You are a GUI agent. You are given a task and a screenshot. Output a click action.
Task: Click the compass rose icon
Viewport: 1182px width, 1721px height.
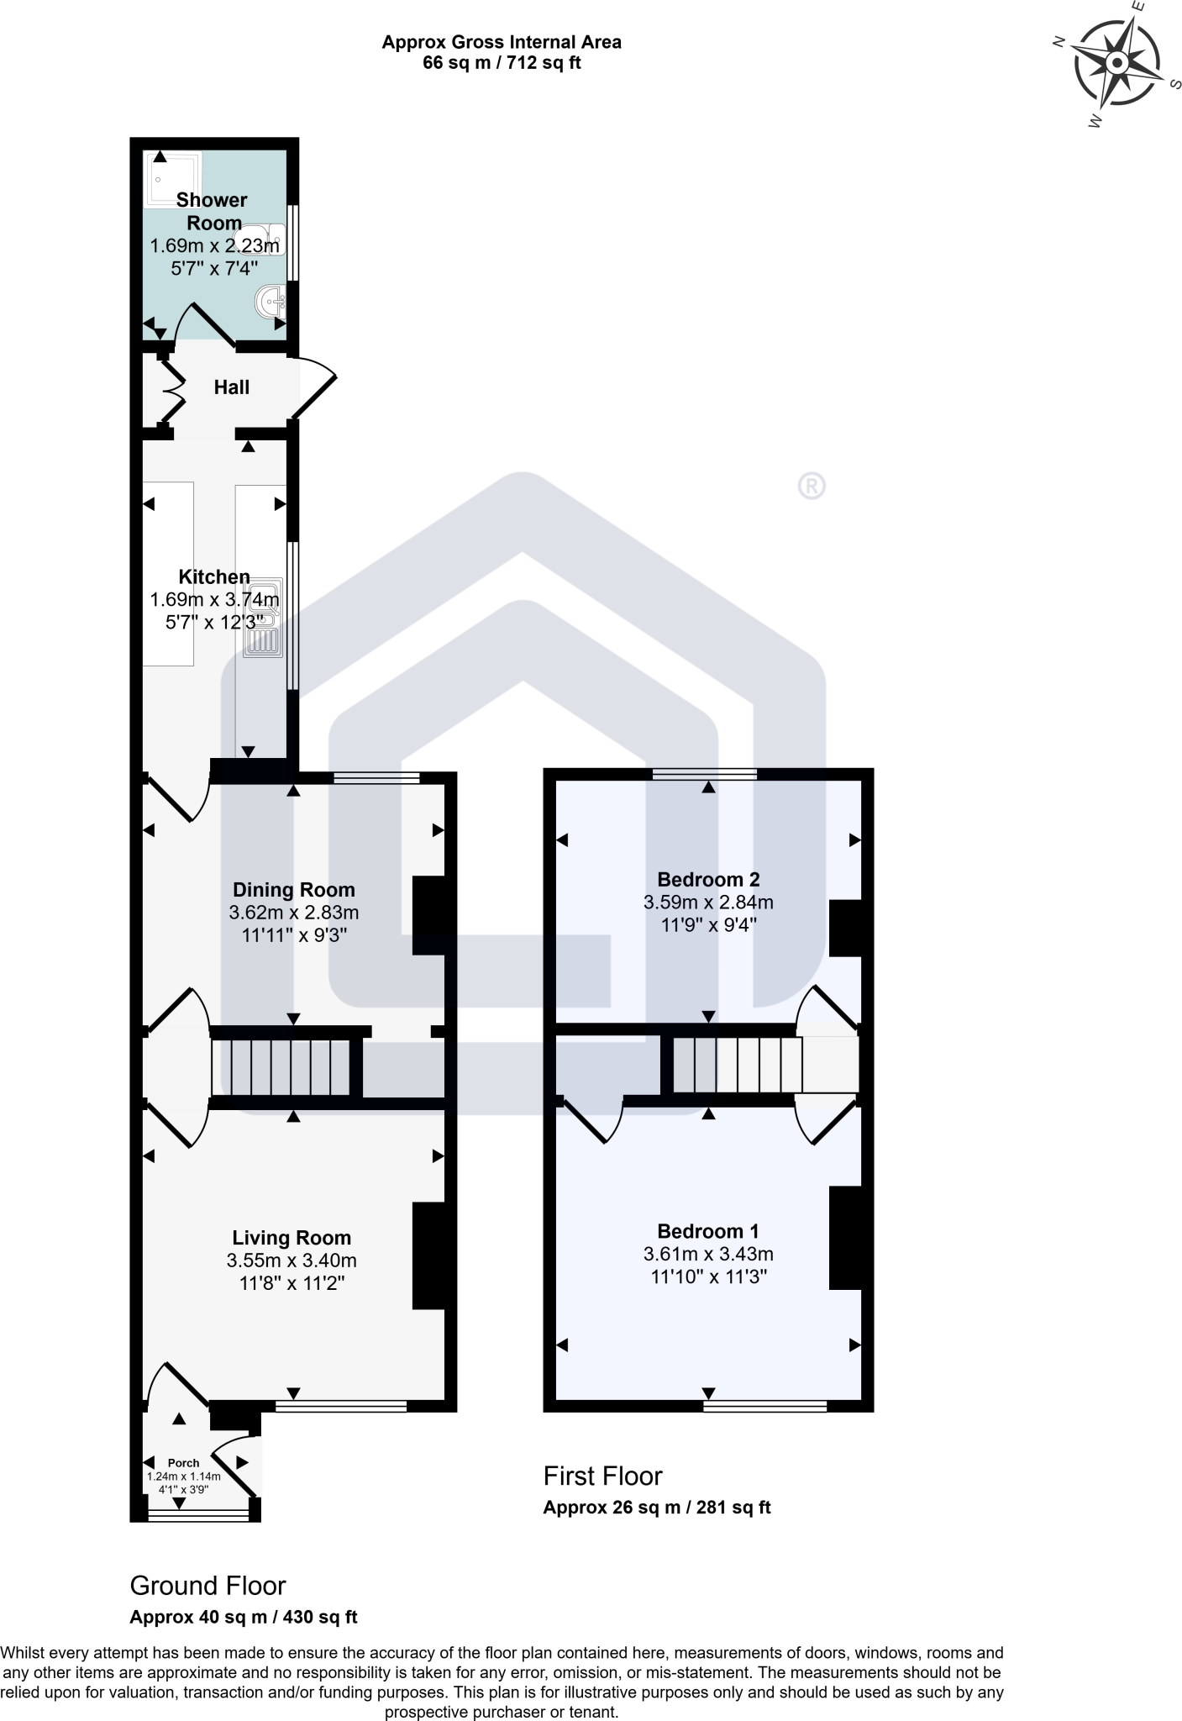pos(1117,64)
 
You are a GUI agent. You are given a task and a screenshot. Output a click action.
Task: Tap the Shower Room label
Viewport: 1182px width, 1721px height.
pos(213,211)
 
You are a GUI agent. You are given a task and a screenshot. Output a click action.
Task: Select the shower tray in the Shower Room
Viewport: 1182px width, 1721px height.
pos(174,178)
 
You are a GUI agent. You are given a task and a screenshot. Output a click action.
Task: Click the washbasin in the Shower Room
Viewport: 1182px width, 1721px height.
pos(272,300)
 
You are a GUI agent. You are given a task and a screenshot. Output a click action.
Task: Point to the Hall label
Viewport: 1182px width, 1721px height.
pos(231,387)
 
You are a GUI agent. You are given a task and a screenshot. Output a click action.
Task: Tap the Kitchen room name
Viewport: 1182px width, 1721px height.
pos(214,576)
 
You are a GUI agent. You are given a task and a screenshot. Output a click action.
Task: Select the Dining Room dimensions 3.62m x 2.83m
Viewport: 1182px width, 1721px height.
pos(293,913)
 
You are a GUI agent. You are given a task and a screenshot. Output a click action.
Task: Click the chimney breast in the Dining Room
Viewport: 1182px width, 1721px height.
pos(428,915)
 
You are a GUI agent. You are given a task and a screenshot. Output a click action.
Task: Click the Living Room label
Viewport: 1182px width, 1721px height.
pos(292,1238)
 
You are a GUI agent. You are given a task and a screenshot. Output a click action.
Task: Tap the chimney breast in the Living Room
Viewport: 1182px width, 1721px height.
pos(428,1255)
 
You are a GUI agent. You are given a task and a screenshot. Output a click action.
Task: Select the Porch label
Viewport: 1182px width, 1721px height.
pos(183,1463)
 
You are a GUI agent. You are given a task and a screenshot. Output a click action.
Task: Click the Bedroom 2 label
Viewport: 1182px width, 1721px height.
pos(708,880)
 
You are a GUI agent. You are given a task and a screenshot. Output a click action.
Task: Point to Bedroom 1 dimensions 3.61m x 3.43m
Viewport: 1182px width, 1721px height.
pos(708,1255)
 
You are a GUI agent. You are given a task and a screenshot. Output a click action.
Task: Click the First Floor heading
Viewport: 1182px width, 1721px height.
pos(602,1476)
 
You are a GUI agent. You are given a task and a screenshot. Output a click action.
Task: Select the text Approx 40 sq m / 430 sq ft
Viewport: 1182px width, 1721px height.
pos(244,1617)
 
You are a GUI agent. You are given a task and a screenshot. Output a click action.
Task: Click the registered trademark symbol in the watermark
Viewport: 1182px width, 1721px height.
pos(811,486)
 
